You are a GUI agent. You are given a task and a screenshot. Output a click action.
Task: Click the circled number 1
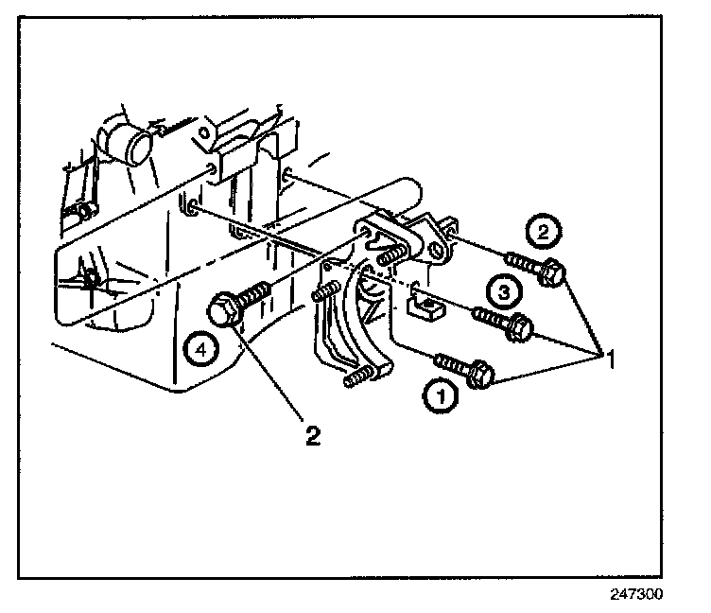442,395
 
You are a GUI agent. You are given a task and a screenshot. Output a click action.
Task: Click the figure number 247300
636,596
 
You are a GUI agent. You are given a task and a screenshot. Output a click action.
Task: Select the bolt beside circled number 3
501,323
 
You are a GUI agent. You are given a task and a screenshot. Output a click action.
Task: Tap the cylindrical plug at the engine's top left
128,142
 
